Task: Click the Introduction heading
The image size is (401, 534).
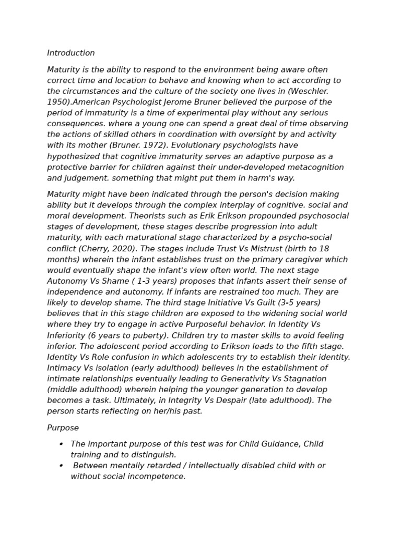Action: tap(71, 53)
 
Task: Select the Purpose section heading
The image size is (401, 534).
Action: tap(63, 428)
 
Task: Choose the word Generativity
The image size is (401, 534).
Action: tap(248, 379)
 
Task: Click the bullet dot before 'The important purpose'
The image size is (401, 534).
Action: tap(61, 444)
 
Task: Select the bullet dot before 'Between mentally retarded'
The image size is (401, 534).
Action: tap(61, 466)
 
